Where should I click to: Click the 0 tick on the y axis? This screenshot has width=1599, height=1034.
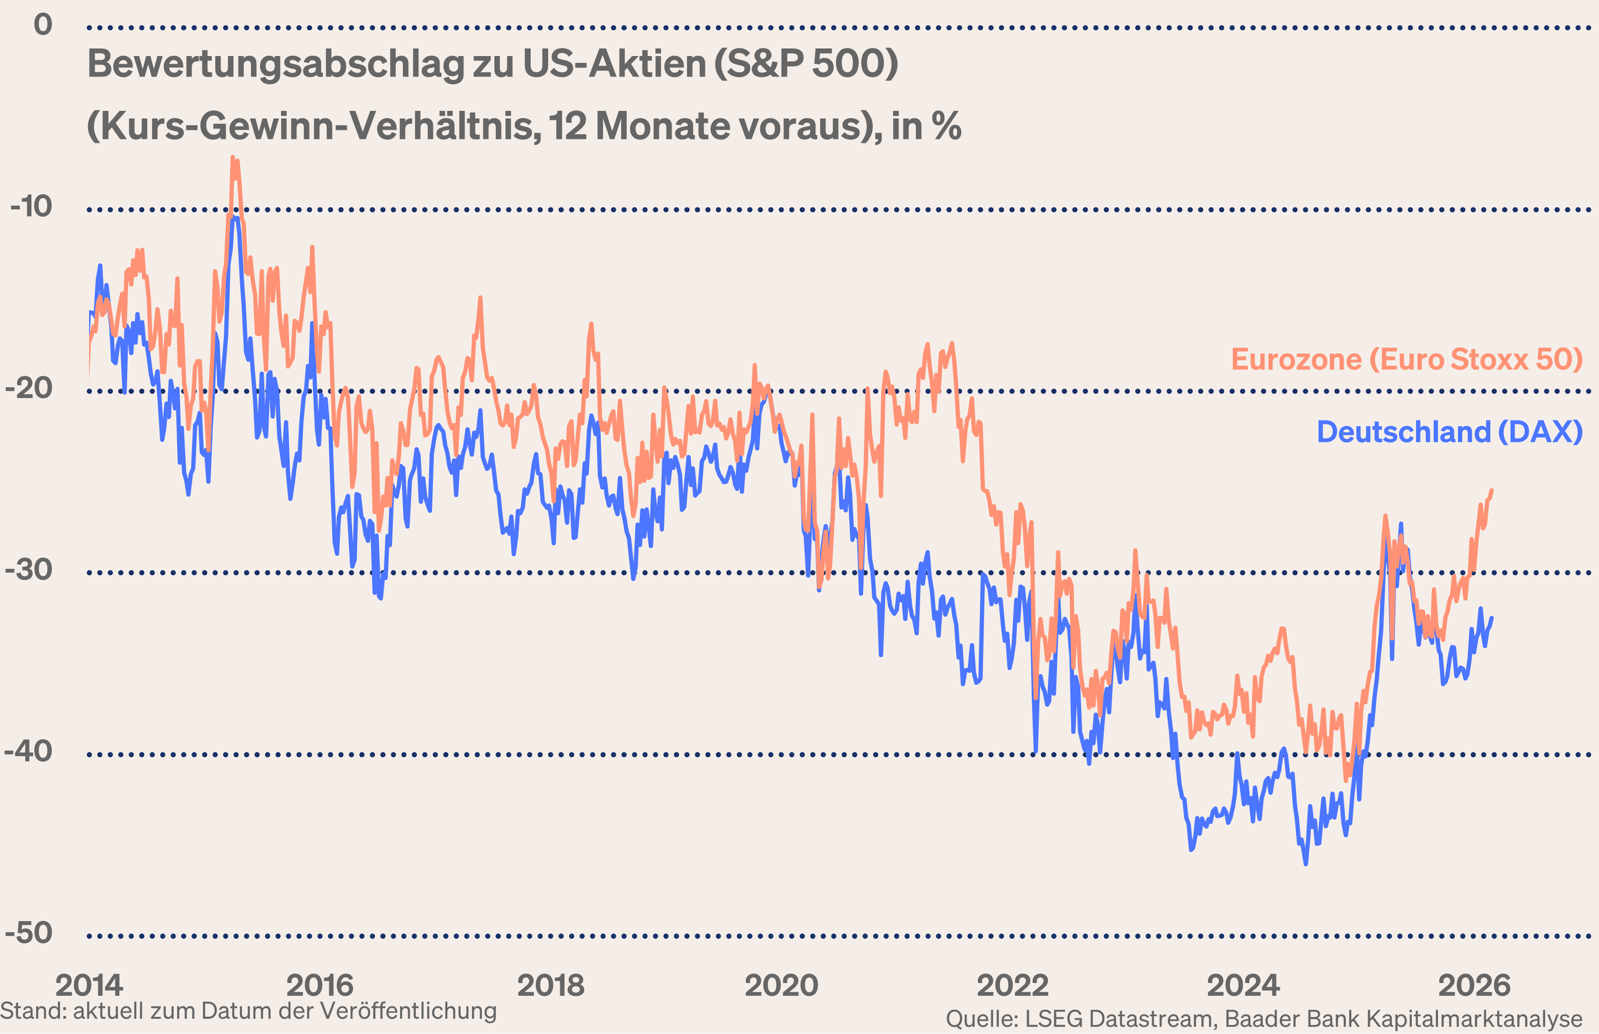43,25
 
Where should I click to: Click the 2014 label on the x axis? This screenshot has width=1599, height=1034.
89,985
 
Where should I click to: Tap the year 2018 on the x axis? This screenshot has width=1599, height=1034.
550,985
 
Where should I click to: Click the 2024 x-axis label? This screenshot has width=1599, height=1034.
1243,985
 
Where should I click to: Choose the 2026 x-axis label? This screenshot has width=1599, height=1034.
1474,985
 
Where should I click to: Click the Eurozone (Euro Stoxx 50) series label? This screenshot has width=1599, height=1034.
1407,359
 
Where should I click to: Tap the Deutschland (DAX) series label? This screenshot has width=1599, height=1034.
1450,432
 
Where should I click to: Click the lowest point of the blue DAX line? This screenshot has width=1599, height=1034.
1306,863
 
